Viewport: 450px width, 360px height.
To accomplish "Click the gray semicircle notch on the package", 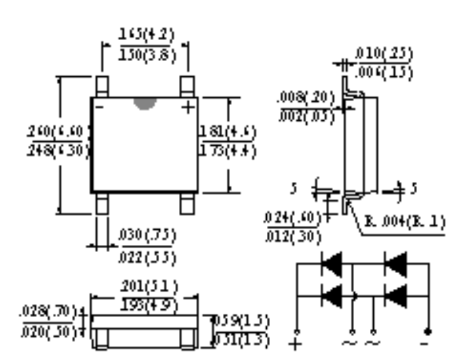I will coord(144,103).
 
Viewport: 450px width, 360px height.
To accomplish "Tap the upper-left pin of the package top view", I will coord(102,86).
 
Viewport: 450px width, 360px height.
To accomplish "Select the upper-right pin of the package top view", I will coord(188,86).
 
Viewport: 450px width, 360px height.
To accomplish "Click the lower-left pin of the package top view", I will coord(102,204).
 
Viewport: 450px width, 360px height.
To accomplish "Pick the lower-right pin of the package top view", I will coord(188,204).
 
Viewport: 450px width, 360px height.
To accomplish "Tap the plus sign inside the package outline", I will coord(189,106).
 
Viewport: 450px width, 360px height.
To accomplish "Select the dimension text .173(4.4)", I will coord(228,151).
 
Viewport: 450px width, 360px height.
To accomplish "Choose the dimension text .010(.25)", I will coord(384,55).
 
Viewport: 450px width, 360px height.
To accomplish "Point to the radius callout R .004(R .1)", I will coord(405,221).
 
